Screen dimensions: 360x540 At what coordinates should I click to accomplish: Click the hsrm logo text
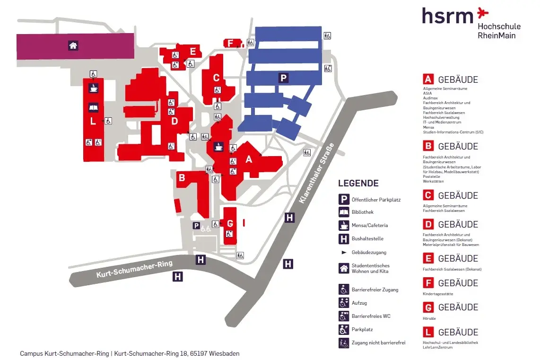[447, 15]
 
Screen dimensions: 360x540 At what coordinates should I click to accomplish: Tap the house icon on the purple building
[73, 46]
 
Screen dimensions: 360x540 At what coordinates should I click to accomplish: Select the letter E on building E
[192, 52]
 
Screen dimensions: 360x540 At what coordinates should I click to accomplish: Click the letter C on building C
[216, 78]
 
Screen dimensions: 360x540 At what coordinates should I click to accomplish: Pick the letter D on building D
[174, 121]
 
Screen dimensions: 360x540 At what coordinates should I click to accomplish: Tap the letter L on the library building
[93, 121]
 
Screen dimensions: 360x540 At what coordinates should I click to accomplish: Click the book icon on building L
[93, 107]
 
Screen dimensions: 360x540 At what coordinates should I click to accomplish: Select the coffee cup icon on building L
[93, 88]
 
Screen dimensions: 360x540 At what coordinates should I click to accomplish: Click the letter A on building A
[249, 159]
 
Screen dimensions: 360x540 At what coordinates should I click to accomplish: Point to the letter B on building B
[181, 178]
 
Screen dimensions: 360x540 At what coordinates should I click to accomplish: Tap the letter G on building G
[230, 223]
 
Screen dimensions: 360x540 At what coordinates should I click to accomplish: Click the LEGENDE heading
[358, 184]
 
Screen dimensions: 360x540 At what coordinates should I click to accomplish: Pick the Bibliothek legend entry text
[362, 212]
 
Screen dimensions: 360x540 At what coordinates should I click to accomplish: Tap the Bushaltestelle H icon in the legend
[344, 238]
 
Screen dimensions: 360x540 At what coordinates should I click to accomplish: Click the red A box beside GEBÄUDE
[428, 79]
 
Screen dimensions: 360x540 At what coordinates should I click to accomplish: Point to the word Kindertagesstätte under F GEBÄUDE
[438, 294]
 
